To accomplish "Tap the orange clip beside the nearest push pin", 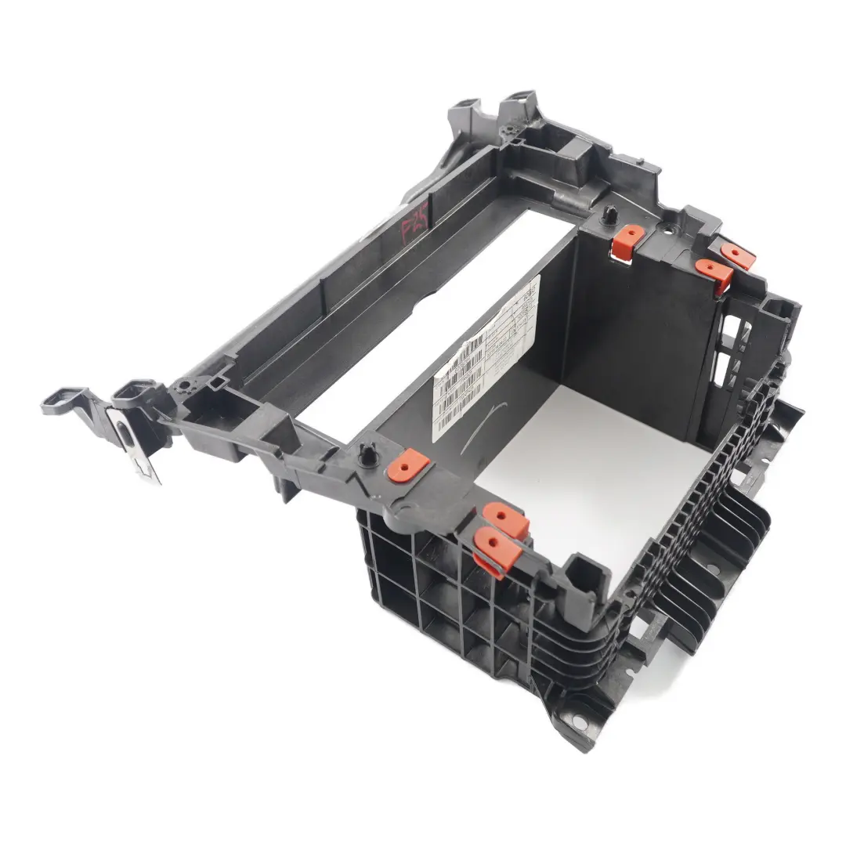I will (x=408, y=466).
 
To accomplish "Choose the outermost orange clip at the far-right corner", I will (x=737, y=255).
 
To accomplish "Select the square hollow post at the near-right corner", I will (x=584, y=569).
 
